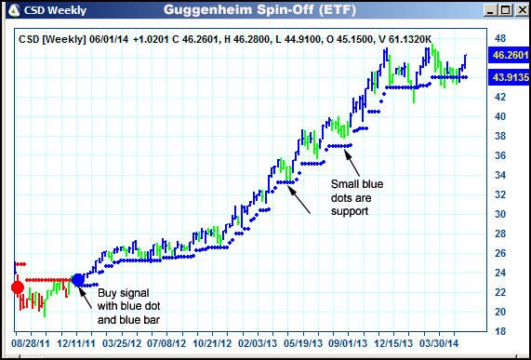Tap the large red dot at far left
pos(17,287)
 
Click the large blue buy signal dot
pos(78,279)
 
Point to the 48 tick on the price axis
pos(499,39)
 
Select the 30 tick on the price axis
pos(499,214)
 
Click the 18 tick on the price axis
pos(499,331)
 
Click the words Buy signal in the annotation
pos(122,292)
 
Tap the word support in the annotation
pos(350,210)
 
